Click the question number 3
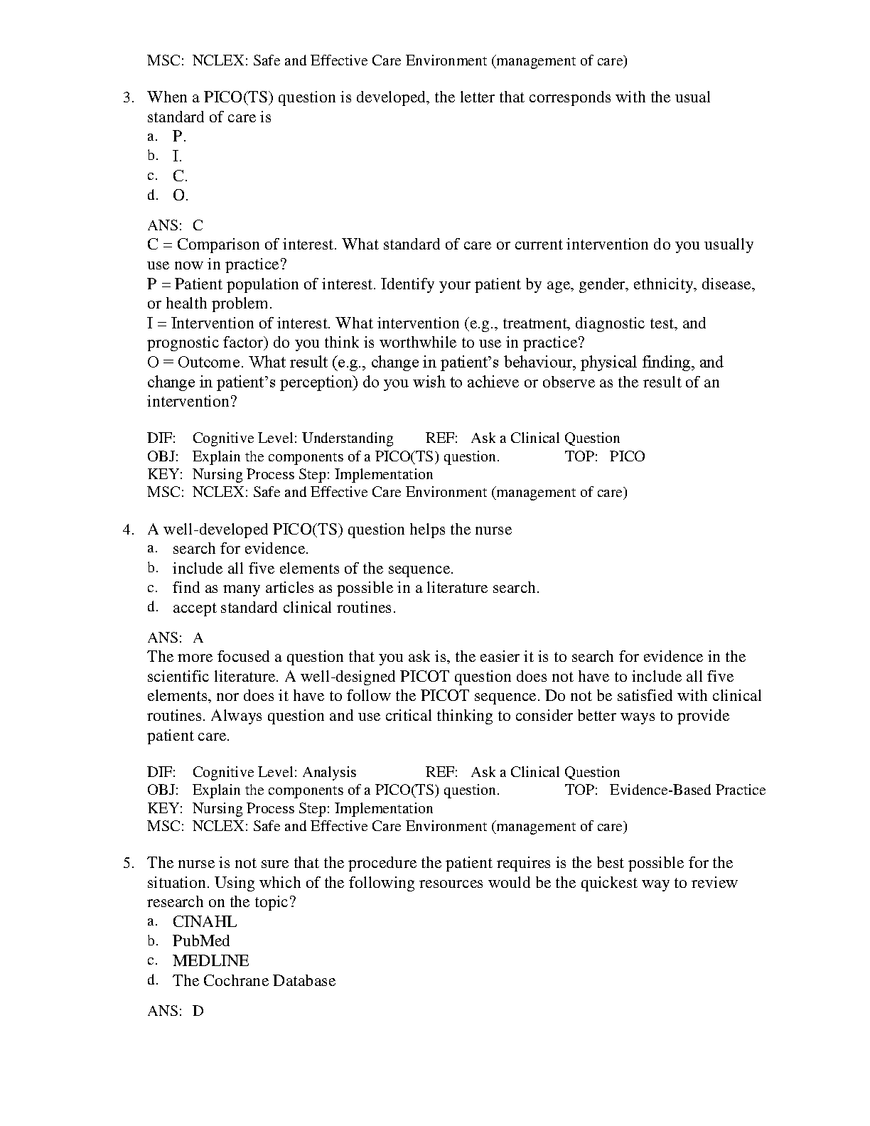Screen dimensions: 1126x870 [x=128, y=97]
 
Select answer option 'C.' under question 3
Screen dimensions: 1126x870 [x=180, y=176]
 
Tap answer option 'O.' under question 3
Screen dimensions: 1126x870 [x=180, y=195]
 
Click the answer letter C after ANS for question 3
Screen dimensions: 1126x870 [x=198, y=225]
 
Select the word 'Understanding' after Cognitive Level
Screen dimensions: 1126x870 [x=348, y=438]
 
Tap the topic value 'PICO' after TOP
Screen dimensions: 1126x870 [x=627, y=456]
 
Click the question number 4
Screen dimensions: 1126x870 [x=128, y=530]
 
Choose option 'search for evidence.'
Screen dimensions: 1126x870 [x=240, y=549]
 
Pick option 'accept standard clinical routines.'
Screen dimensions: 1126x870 [x=284, y=608]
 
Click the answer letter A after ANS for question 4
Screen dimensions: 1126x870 [x=198, y=638]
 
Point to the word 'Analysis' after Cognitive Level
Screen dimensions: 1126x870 [x=329, y=772]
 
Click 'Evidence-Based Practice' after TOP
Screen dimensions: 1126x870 [x=687, y=790]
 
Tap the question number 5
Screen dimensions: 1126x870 [x=128, y=863]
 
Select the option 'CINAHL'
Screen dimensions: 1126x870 [x=205, y=922]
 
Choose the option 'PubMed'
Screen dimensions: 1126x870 [x=201, y=941]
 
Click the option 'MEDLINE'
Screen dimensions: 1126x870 [x=210, y=961]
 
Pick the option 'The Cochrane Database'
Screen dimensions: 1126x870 [x=254, y=981]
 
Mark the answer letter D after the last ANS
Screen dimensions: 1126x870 [x=198, y=1010]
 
